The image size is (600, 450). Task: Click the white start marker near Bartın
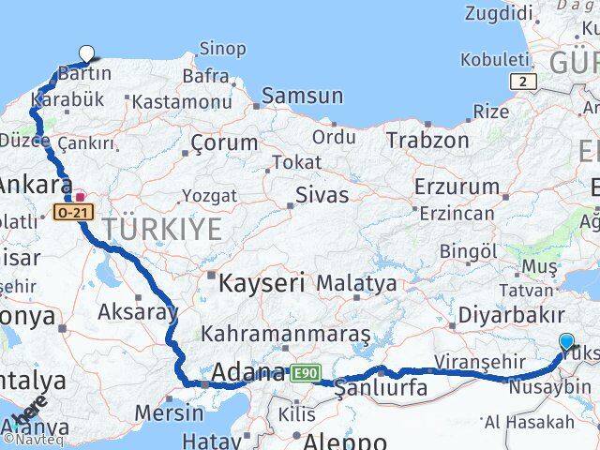[87, 54]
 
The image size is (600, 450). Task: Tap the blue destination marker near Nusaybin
[566, 342]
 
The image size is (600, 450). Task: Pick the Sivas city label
[321, 196]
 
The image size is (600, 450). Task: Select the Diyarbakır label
[511, 316]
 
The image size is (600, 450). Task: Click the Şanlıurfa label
[382, 388]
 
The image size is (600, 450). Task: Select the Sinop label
[223, 49]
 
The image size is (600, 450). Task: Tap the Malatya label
[356, 282]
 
